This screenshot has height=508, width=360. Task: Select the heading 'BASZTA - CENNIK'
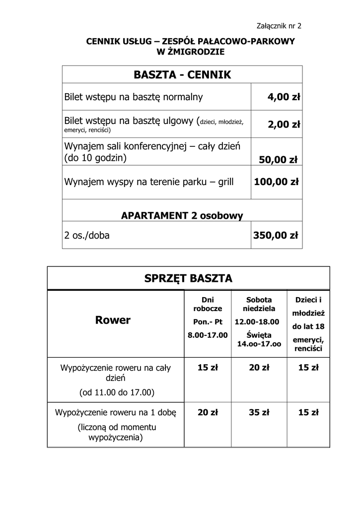pos(182,75)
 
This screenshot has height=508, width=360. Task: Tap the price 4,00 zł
pos(284,97)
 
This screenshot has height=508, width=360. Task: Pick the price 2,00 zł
pos(284,125)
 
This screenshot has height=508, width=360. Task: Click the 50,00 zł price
pos(278,160)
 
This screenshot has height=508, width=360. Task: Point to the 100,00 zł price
pos(276,182)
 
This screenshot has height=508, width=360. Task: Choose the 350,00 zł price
pos(276,235)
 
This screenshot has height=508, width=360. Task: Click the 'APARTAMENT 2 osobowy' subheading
pos(182,215)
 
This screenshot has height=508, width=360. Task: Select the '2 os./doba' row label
pos(87,235)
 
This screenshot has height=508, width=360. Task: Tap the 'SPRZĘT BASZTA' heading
pos(188,278)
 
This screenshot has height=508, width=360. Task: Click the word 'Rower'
pos(113,320)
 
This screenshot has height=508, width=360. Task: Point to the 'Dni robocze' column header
pos(208,304)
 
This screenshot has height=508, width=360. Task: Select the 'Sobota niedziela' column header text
pos(259,304)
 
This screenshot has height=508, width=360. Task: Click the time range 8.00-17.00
pos(208,335)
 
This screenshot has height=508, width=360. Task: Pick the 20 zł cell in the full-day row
pos(259,368)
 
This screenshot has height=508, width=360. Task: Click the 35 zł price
pos(259,412)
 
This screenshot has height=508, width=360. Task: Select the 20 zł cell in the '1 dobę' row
pos(208,412)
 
